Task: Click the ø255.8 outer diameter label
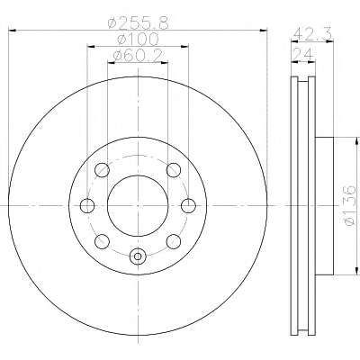pyautogui.click(x=138, y=22)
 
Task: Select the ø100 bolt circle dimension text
pyautogui.click(x=138, y=39)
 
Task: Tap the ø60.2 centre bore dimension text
pyautogui.click(x=138, y=55)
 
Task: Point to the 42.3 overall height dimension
pyautogui.click(x=312, y=34)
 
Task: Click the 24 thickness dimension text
pyautogui.click(x=303, y=54)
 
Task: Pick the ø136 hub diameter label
pyautogui.click(x=350, y=205)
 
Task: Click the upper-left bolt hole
pyautogui.click(x=102, y=170)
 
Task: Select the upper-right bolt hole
pyautogui.click(x=174, y=170)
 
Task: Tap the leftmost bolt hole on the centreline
pyautogui.click(x=87, y=206)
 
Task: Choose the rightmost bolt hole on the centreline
pyautogui.click(x=189, y=206)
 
